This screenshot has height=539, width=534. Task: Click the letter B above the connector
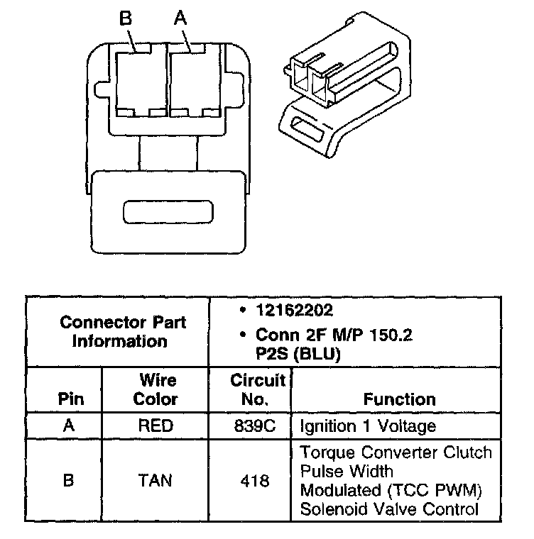coord(126,18)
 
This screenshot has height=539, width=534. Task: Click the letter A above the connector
coord(180,18)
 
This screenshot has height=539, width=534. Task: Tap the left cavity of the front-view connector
coord(140,79)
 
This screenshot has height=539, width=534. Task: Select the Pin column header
coord(70,399)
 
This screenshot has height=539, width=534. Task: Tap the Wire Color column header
coord(156,389)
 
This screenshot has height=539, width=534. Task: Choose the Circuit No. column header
coord(257,389)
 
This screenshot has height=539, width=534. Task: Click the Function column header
coord(399,399)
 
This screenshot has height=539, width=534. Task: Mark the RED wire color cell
coord(156,426)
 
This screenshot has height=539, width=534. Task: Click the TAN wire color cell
coord(156,481)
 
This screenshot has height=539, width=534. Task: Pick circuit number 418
coord(254,481)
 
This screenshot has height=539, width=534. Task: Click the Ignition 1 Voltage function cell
coord(367,426)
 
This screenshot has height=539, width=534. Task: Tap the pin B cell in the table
coord(69,481)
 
